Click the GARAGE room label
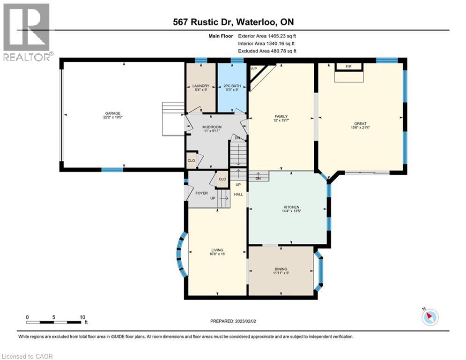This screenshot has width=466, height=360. coord(112,113)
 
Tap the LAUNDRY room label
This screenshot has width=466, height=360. coord(200,86)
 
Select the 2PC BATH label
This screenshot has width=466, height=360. coord(232,86)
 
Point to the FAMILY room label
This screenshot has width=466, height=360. coord(281,117)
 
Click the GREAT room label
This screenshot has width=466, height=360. coord(360,123)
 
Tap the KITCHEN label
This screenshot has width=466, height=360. coord(291,207)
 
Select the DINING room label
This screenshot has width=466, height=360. coord(281,269)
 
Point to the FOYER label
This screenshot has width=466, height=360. coord(201,193)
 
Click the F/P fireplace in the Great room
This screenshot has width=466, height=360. coord(348,67)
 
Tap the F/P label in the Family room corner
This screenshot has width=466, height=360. coord(255,69)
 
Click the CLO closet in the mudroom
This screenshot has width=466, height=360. coord(191,160)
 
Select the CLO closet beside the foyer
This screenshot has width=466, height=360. coord(222,179)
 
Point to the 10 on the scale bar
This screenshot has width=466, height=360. coord(82,317)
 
